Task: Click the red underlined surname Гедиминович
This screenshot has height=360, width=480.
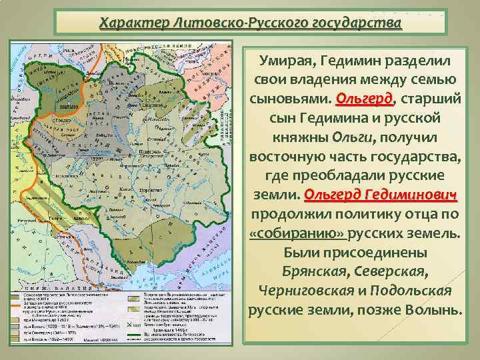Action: tap(411, 196)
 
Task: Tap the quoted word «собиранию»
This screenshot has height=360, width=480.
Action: tap(288, 235)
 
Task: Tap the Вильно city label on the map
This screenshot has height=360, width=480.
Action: tap(64, 105)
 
